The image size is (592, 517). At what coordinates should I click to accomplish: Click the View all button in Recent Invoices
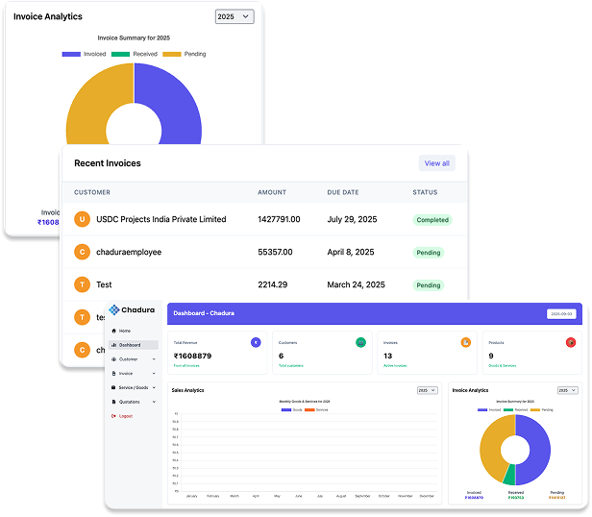(x=436, y=163)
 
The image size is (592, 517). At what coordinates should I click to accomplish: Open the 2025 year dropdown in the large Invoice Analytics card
(x=234, y=16)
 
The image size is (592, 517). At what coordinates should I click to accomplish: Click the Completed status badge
(x=432, y=220)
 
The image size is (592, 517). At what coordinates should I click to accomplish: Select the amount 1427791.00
(x=279, y=219)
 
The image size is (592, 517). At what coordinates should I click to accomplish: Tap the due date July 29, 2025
(x=355, y=219)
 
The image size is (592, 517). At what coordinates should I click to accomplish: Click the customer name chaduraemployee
(x=129, y=252)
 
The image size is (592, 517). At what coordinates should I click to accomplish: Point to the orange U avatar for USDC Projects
(x=83, y=219)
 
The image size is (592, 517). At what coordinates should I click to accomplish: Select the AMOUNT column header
(x=272, y=192)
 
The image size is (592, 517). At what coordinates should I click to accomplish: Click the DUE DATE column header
(x=342, y=192)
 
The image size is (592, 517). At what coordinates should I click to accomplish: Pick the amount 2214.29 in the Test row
(x=273, y=284)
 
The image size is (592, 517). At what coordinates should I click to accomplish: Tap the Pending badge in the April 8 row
(x=429, y=253)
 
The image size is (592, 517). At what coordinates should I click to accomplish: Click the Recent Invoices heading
(x=108, y=163)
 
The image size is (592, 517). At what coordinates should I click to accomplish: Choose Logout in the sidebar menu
(x=126, y=415)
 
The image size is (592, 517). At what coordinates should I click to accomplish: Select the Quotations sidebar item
(x=129, y=402)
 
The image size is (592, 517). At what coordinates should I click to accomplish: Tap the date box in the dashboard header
(x=561, y=313)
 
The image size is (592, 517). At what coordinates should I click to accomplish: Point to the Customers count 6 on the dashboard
(x=281, y=356)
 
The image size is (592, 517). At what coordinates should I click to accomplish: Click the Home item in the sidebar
(x=125, y=331)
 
